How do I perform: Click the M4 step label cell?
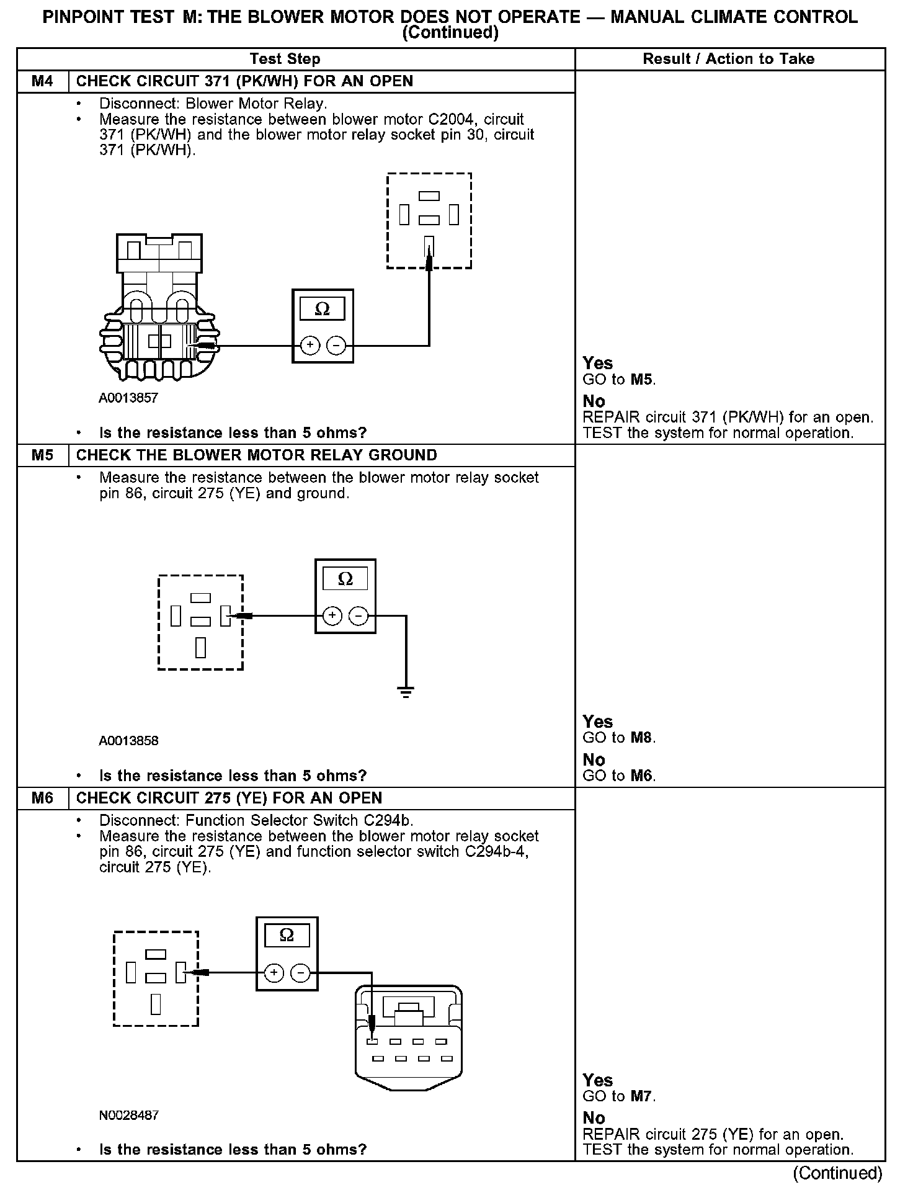[x=42, y=81]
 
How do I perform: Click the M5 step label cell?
[x=42, y=455]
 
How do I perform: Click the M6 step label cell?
[x=42, y=798]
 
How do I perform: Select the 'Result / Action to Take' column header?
[x=729, y=60]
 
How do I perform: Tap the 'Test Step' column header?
[x=285, y=60]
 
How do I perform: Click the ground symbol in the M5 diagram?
[x=406, y=692]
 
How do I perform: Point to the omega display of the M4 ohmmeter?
[x=323, y=309]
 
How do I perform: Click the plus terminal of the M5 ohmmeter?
[x=332, y=615]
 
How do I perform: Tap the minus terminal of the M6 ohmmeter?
[x=301, y=973]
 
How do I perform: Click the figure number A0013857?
[x=128, y=398]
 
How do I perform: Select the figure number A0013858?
[x=128, y=741]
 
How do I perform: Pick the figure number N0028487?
[x=129, y=1115]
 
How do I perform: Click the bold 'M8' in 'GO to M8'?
[x=642, y=738]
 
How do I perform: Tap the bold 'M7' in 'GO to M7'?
[x=642, y=1096]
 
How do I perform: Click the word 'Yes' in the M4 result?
[x=598, y=364]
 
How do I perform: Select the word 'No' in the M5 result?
[x=594, y=759]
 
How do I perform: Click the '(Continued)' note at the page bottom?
[x=837, y=1173]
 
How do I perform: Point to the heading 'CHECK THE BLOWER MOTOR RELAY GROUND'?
[x=256, y=455]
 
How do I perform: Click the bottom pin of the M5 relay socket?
[x=200, y=647]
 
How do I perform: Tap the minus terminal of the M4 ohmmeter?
[x=336, y=345]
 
